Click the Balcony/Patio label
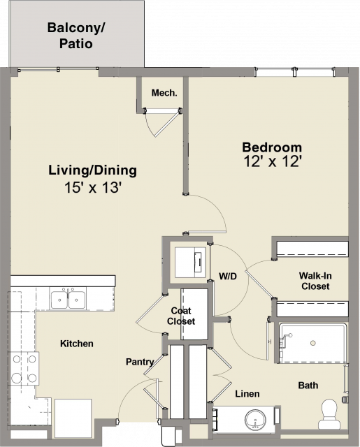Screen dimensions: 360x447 76,36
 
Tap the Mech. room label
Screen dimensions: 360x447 164,93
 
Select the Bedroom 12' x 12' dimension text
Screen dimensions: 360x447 273,161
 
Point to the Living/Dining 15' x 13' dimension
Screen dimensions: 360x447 93,188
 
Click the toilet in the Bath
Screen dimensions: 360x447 329,414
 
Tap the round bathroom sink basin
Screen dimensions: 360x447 255,420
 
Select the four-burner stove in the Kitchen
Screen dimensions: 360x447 24,368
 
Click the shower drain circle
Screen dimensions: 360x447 313,343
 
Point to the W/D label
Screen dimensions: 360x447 228,276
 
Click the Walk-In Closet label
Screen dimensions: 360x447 315,281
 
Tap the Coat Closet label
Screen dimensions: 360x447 181,316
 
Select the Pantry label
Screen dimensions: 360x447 140,362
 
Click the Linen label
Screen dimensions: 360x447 247,394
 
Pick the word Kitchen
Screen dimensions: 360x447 77,344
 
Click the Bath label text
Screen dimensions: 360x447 308,385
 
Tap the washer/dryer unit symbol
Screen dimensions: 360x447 190,263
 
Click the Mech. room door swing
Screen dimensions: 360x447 161,123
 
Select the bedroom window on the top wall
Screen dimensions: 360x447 295,71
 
